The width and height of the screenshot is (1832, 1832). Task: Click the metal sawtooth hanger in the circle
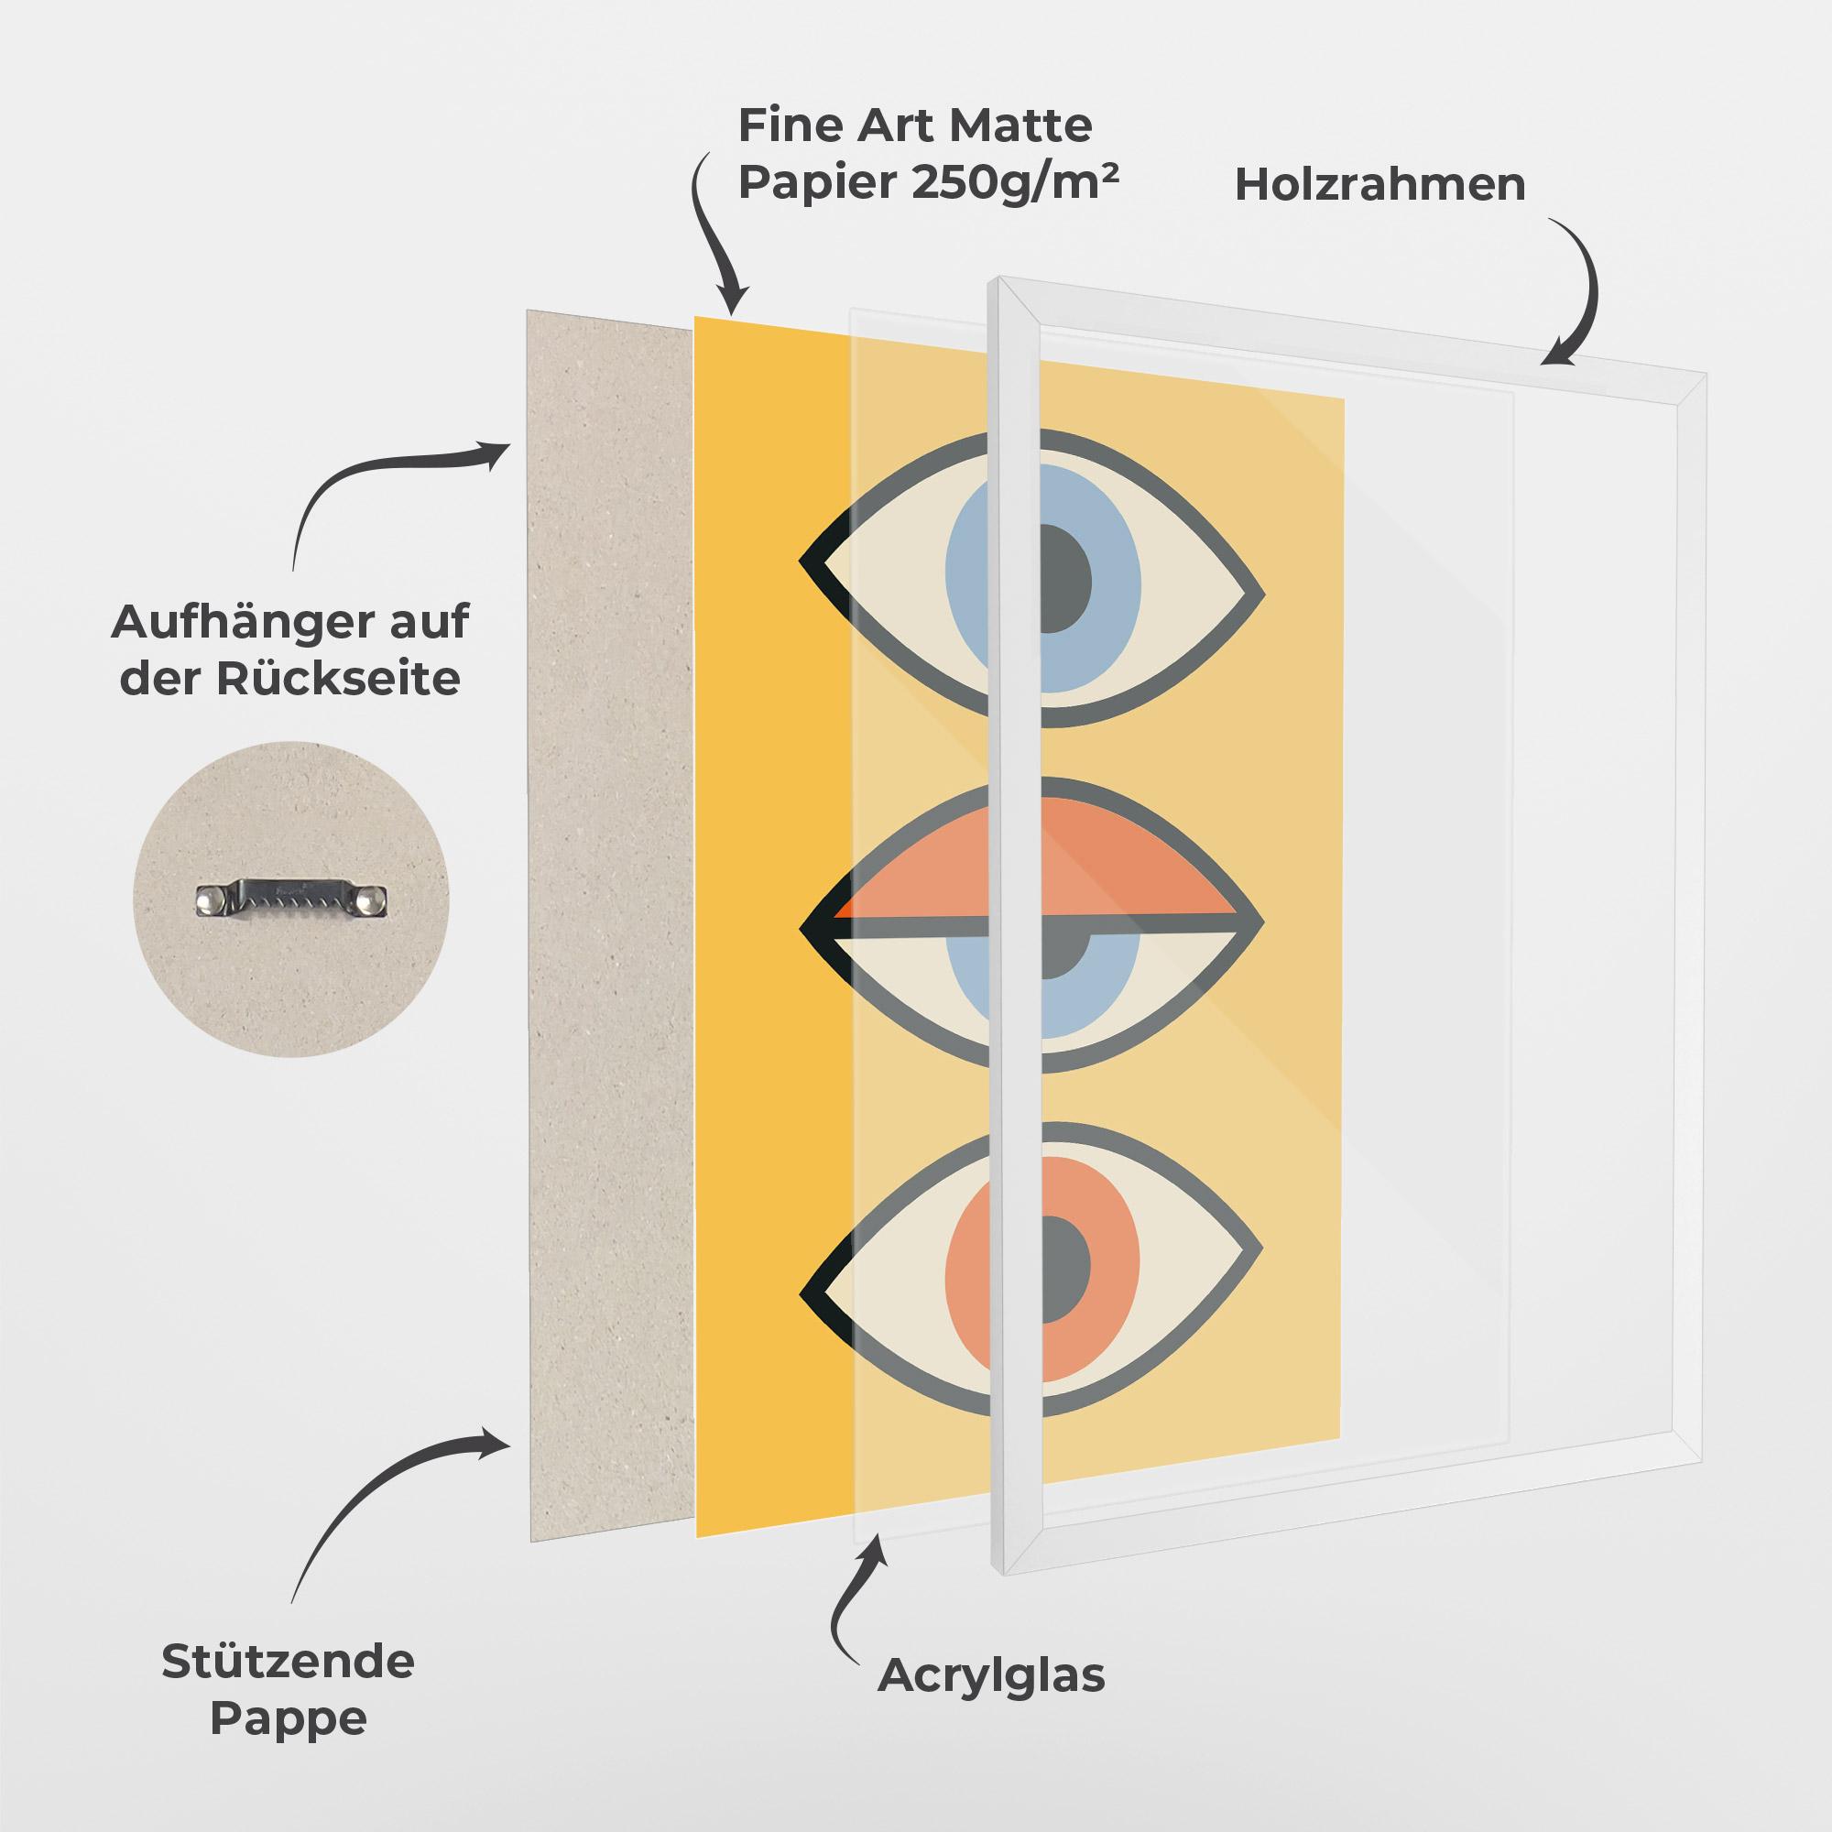pyautogui.click(x=291, y=898)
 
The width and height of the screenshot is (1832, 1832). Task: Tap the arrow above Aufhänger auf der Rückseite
pyautogui.click(x=379, y=484)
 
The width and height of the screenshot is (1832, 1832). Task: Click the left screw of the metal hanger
pyautogui.click(x=209, y=897)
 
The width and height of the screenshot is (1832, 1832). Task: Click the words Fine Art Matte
pyautogui.click(x=915, y=125)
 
